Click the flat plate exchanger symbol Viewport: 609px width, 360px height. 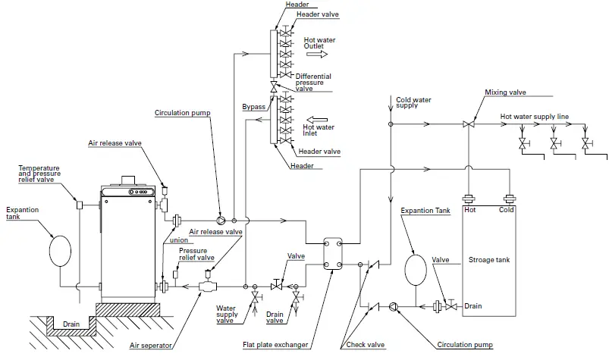pos(333,254)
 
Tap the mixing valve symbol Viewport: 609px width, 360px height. pos(469,124)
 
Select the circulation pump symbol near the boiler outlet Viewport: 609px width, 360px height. pos(221,221)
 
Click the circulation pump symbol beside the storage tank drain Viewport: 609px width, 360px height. pos(393,306)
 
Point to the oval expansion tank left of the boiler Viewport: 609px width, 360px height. pos(60,251)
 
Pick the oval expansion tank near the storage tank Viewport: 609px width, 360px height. pos(416,269)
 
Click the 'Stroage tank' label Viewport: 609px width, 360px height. pos(489,260)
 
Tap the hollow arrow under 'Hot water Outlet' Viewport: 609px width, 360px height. pos(317,55)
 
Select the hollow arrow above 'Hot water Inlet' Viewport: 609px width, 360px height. pos(317,120)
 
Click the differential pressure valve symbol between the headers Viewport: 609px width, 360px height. pos(274,87)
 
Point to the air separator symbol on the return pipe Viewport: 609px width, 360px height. pos(208,286)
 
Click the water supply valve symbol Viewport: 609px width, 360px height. pos(255,297)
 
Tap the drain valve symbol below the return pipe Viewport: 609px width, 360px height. pos(296,297)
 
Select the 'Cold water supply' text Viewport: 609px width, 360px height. pos(413,103)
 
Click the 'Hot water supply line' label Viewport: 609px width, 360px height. pos(535,117)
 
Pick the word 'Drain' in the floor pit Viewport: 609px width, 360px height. pos(71,324)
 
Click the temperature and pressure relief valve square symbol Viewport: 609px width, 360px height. pos(79,205)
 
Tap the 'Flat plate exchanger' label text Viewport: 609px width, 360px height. pos(275,345)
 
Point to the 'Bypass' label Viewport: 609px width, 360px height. pos(253,107)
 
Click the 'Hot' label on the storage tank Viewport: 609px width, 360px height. pos(470,210)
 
